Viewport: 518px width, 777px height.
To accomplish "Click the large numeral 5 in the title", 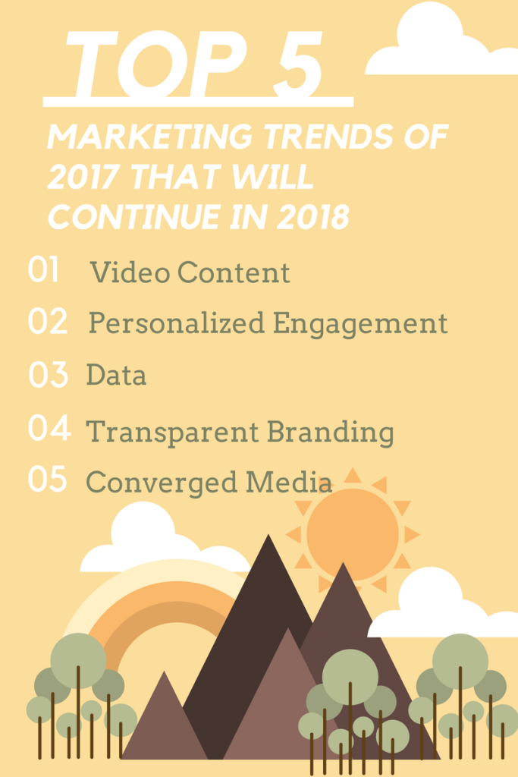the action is pyautogui.click(x=298, y=64).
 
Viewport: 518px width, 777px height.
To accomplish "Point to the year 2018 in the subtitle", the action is pyautogui.click(x=313, y=217).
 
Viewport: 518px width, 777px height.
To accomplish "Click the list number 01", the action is pyautogui.click(x=44, y=269).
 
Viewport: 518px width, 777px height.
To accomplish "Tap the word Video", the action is pyautogui.click(x=130, y=272).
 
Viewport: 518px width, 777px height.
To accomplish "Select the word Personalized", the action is pyautogui.click(x=177, y=323).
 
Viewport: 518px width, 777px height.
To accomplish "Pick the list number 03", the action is pyautogui.click(x=48, y=375).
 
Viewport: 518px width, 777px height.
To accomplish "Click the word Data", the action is pyautogui.click(x=116, y=374).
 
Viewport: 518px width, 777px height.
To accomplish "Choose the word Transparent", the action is pyautogui.click(x=172, y=432).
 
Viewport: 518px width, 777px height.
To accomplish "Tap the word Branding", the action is pyautogui.click(x=331, y=432).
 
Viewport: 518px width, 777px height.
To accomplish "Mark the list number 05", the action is pyautogui.click(x=48, y=480).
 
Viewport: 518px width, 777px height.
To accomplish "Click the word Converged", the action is pyautogui.click(x=161, y=482).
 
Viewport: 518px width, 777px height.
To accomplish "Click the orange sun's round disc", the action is pyautogui.click(x=353, y=534).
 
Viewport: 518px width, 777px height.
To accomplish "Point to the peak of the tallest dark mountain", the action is pyautogui.click(x=268, y=535).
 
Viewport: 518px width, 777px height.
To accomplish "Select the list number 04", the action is pyautogui.click(x=49, y=428).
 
